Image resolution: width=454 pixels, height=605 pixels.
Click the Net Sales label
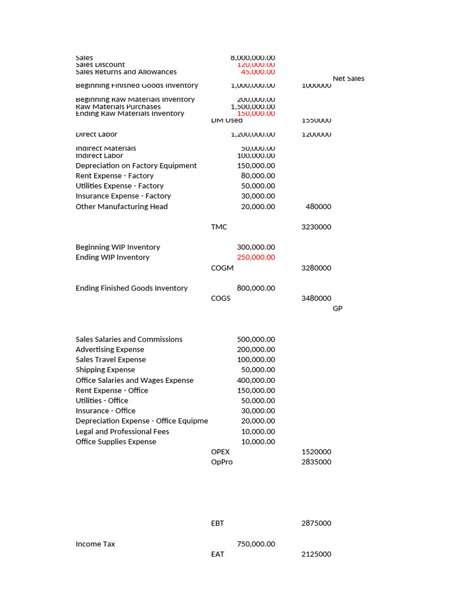point(348,79)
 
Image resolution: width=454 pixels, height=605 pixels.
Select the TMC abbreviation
point(219,227)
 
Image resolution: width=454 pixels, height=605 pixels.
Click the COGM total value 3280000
point(316,268)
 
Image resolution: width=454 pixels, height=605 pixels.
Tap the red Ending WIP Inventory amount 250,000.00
point(255,258)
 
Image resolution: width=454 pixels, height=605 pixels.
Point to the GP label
point(338,308)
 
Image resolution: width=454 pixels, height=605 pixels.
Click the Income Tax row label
point(95,544)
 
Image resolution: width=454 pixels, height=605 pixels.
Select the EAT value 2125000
point(316,554)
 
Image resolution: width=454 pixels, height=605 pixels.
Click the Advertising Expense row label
point(109,350)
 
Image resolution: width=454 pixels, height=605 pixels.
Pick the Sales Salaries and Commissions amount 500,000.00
point(255,339)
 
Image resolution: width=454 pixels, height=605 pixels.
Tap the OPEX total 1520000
point(316,452)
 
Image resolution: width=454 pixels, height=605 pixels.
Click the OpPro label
point(222,462)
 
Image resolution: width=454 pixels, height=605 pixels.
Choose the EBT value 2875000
point(316,523)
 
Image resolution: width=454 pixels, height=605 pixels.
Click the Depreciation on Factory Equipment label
point(136,166)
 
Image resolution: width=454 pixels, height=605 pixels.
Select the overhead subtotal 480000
point(318,207)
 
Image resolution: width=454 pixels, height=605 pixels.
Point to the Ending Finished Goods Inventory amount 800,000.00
point(255,288)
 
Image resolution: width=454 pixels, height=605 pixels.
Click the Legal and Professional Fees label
point(122,432)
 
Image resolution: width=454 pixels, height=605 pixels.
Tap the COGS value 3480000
point(316,298)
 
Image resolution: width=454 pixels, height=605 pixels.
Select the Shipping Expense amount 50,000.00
point(258,370)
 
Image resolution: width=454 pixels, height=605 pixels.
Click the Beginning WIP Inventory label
point(118,247)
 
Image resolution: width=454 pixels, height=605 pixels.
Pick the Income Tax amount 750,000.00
point(255,544)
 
